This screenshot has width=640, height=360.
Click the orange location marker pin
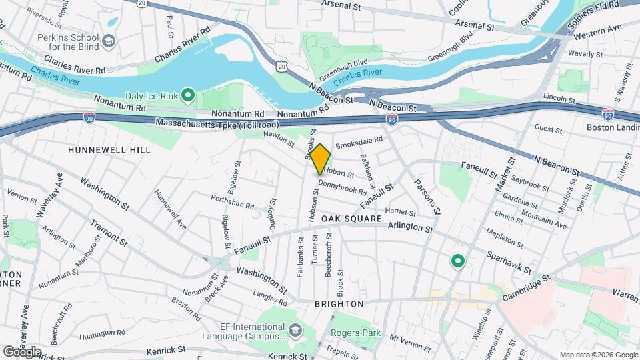321,159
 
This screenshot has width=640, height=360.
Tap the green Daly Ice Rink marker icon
188,96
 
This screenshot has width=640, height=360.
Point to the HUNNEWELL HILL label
109,150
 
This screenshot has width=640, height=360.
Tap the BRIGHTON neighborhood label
339,303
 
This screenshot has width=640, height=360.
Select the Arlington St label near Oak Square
411,228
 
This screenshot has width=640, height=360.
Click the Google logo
22,351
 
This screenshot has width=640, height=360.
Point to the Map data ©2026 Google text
597,355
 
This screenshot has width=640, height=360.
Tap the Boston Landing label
613,127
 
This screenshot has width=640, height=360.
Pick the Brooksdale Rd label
359,141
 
